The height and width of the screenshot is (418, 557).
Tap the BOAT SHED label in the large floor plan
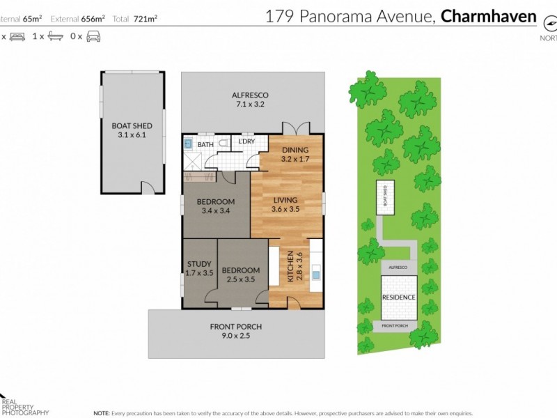point(132,130)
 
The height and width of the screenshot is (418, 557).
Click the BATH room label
point(205,145)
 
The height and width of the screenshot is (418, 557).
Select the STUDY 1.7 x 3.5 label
point(200,268)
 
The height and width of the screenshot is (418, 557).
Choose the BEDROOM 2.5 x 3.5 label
point(240,274)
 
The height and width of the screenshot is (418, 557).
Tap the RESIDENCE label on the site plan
point(399,297)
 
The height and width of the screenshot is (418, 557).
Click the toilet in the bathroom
point(223,144)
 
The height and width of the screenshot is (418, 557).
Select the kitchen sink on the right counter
point(316,273)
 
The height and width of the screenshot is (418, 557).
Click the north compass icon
point(548,22)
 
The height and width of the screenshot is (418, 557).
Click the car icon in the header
point(93,36)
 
